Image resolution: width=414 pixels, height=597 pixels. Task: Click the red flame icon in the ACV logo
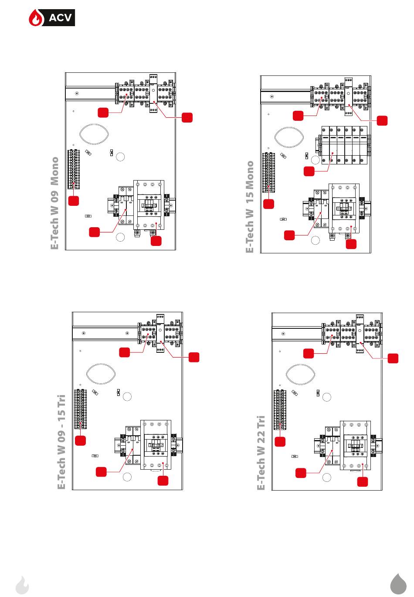(x=36, y=18)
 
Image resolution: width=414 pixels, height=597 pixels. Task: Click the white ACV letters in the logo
(x=60, y=18)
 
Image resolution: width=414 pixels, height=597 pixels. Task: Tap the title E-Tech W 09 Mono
(x=55, y=203)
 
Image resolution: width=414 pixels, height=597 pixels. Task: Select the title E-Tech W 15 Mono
(x=250, y=207)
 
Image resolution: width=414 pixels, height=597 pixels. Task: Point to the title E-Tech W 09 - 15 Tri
(x=61, y=442)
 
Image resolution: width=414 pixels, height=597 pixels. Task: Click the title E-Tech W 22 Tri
(x=261, y=452)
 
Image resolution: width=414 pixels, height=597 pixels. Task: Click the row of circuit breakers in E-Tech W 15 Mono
(x=344, y=145)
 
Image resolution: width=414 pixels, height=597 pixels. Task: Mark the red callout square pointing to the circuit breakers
(x=309, y=171)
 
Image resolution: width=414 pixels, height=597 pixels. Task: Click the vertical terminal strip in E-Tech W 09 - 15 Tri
(x=80, y=409)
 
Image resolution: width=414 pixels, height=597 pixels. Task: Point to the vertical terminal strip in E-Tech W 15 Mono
(x=268, y=172)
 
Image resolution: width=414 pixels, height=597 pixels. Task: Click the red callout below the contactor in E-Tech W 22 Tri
(x=363, y=481)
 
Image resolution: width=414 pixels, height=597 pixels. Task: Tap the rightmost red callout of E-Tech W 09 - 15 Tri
(x=194, y=357)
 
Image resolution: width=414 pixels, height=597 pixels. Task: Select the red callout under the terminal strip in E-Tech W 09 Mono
(x=74, y=201)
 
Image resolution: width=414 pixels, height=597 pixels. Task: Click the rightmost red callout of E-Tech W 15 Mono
(x=382, y=120)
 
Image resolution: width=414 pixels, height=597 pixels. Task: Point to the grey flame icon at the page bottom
(x=22, y=585)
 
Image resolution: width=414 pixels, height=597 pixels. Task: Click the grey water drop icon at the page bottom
(x=398, y=583)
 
